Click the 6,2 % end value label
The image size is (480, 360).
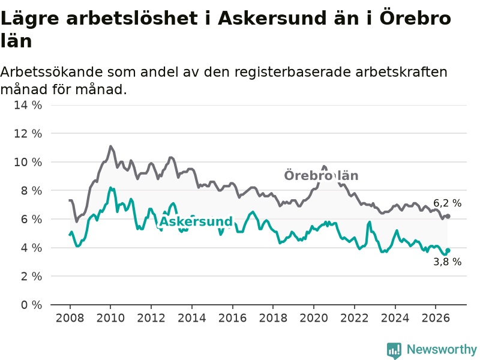click(447, 203)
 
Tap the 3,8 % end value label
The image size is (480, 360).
click(447, 262)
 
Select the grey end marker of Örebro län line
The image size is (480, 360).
click(448, 216)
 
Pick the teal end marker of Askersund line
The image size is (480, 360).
click(448, 250)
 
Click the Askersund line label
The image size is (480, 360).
click(196, 221)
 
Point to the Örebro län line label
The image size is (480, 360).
click(321, 176)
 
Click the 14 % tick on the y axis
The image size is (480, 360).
click(28, 105)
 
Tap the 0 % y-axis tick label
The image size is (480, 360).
click(31, 305)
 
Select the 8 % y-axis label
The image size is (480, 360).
click(31, 191)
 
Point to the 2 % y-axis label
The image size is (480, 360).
click(31, 277)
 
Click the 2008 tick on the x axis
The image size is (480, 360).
click(70, 318)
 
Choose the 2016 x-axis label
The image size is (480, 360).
click(232, 318)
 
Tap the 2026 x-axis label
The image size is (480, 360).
click(436, 318)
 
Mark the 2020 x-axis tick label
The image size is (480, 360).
click(314, 318)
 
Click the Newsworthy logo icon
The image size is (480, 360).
click(394, 350)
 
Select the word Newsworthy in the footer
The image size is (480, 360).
click(442, 349)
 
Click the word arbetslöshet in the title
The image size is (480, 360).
click(132, 19)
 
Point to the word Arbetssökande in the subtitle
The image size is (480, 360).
click(52, 72)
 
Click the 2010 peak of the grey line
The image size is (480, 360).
click(110, 146)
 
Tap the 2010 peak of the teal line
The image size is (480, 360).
click(110, 188)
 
